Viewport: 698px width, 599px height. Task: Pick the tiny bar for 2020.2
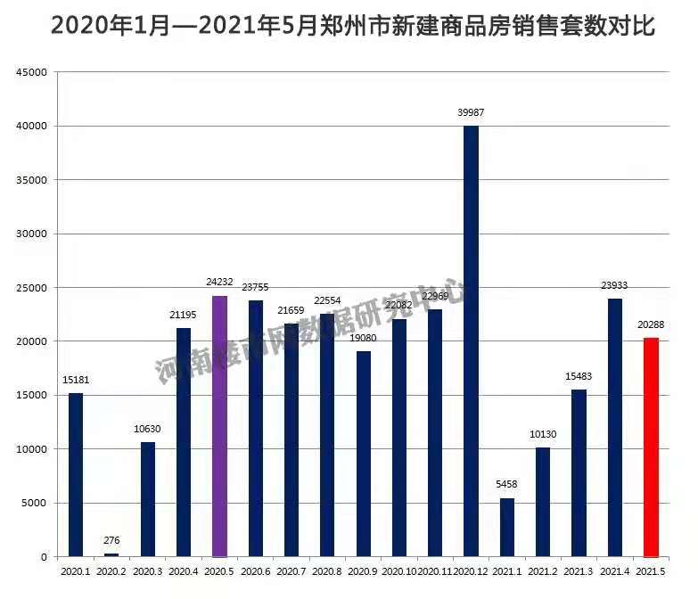pos(111,554)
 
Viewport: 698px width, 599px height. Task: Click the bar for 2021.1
pos(506,527)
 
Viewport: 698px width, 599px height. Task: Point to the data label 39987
pos(471,112)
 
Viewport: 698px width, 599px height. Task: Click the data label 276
pos(111,540)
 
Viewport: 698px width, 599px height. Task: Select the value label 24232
pos(219,282)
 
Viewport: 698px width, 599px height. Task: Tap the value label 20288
pos(651,324)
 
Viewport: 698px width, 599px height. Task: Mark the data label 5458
pos(506,485)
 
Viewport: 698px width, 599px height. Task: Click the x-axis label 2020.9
pos(364,570)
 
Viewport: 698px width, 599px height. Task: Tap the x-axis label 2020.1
pos(76,570)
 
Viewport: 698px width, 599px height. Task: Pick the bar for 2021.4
pos(615,428)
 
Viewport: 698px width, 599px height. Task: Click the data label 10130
pos(543,434)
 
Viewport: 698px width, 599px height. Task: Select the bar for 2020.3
pos(148,499)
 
